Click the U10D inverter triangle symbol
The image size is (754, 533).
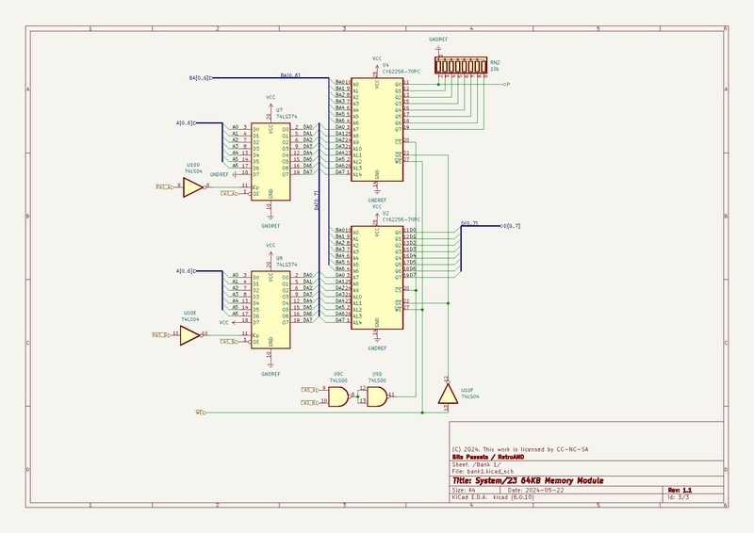191,188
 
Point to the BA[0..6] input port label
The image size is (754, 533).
198,77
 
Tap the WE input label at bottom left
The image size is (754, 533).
200,412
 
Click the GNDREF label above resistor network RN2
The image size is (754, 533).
439,40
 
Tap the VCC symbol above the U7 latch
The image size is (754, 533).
270,98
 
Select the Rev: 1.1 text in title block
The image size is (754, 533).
680,490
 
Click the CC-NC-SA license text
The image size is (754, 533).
577,449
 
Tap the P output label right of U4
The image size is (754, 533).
507,85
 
